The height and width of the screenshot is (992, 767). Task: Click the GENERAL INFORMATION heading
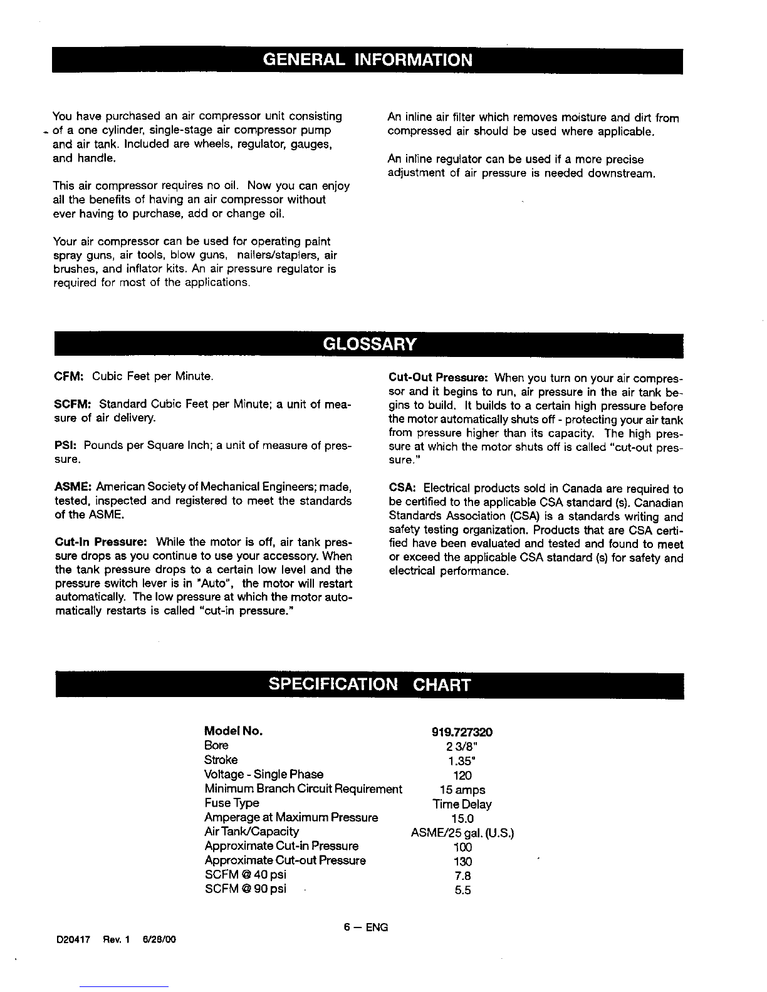tap(367, 60)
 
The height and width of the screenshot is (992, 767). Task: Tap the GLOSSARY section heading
tap(370, 344)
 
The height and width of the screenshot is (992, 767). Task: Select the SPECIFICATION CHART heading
tap(369, 684)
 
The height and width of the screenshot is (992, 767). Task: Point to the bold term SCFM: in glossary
tap(73, 405)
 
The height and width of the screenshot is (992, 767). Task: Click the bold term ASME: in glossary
tap(73, 487)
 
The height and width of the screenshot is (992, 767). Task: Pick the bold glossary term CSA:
tap(402, 488)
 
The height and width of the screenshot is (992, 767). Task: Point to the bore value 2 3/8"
tap(462, 747)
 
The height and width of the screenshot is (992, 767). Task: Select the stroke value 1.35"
tap(462, 761)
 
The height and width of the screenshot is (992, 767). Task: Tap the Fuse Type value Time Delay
tap(462, 804)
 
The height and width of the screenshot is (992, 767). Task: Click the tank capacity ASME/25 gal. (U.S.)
tap(462, 833)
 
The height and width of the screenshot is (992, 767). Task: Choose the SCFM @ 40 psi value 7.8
tap(462, 876)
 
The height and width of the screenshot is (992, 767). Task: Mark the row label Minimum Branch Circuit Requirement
tap(303, 789)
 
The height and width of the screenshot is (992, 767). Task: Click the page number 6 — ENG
tap(365, 927)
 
